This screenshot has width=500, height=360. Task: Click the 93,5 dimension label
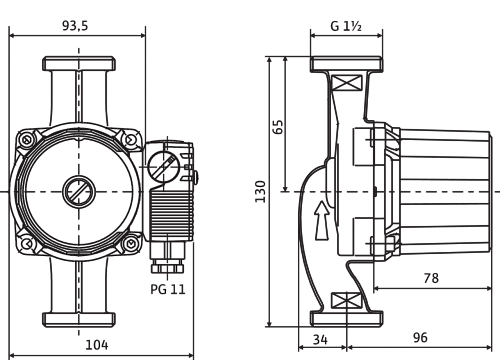tap(75, 26)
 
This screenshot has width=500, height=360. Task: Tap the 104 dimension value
tap(97, 345)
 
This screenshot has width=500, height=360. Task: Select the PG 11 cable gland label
tap(168, 289)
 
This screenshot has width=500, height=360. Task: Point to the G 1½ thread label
tap(346, 26)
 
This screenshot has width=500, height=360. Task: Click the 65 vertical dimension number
tap(278, 126)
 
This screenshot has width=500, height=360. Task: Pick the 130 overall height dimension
tap(260, 191)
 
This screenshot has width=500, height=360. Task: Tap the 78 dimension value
tap(431, 278)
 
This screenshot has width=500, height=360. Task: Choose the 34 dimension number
tap(320, 340)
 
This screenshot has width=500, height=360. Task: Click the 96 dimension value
tap(420, 338)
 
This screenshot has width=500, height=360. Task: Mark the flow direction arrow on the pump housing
tap(322, 220)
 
